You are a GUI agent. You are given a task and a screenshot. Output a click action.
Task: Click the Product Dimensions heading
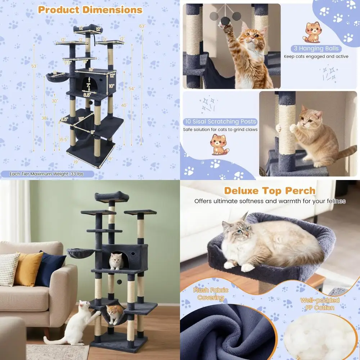[x=90, y=10]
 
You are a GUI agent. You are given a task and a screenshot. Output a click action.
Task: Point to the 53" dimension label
[x=34, y=66]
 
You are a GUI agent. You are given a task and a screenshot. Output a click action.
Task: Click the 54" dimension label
[x=132, y=89]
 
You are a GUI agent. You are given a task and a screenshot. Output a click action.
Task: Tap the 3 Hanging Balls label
[x=316, y=49]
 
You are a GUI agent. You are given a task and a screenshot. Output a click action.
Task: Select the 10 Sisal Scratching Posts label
[x=220, y=122]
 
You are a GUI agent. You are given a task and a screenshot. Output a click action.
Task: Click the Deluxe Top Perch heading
[x=270, y=190]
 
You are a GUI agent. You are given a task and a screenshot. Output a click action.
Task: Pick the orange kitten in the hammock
[x=114, y=313]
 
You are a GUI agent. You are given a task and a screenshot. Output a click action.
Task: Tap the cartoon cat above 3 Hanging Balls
[x=312, y=32]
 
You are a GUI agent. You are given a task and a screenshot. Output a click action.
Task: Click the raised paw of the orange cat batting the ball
[x=228, y=35]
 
